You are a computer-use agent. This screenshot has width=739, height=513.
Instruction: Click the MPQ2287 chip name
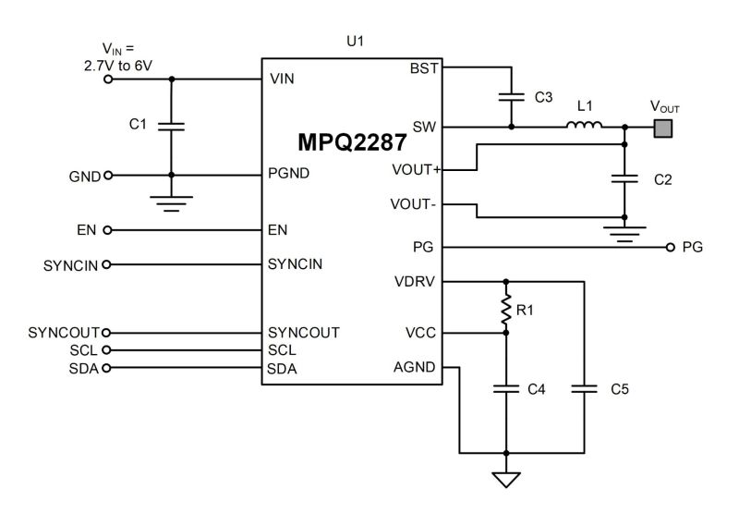tap(352, 142)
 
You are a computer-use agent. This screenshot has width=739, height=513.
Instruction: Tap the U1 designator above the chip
tap(355, 42)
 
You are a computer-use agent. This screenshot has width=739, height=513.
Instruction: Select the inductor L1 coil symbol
tap(584, 125)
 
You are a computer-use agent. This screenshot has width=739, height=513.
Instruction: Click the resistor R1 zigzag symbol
tap(505, 309)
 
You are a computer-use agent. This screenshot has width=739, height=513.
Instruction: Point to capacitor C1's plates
tap(171, 127)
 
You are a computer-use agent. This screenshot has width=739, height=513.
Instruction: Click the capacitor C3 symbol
tap(512, 97)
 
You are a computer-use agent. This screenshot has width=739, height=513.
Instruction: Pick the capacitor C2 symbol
tap(624, 178)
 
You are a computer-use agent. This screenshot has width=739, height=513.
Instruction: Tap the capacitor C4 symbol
tap(505, 389)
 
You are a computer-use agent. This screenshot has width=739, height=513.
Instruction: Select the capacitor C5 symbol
tap(584, 389)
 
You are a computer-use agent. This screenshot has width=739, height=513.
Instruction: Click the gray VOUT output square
tap(662, 128)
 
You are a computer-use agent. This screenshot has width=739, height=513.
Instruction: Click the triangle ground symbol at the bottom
tap(505, 479)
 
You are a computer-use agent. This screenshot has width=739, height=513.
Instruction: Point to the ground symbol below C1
tap(171, 203)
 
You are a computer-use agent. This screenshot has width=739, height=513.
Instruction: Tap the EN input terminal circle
tap(107, 230)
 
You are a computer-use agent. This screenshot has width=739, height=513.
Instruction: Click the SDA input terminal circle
tap(106, 368)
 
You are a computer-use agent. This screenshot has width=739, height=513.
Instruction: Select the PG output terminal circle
tap(671, 247)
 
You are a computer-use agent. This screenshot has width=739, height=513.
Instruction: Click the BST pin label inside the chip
tap(424, 68)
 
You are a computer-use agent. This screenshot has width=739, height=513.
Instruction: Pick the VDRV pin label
tap(415, 282)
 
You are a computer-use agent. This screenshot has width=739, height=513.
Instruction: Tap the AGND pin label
tap(414, 367)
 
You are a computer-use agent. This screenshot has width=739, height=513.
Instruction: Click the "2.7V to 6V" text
tap(118, 66)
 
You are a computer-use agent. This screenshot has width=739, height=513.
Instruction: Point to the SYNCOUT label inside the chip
tap(304, 333)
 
